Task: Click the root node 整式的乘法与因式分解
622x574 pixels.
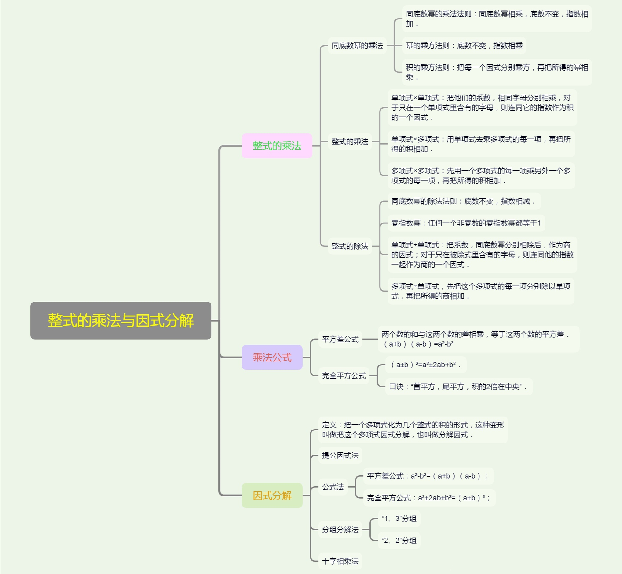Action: (x=121, y=320)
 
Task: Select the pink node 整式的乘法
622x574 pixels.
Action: (x=277, y=146)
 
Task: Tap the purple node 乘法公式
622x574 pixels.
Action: (x=272, y=357)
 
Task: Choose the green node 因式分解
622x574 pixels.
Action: (x=272, y=495)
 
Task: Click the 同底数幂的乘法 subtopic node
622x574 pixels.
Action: (x=357, y=45)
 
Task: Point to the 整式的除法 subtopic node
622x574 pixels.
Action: (x=350, y=246)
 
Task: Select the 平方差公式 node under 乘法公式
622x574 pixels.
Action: (x=340, y=339)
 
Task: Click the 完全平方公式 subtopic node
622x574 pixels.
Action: (x=344, y=375)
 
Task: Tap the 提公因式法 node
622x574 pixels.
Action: (x=340, y=455)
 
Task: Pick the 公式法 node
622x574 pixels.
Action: (x=333, y=487)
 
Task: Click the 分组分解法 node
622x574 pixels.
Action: (x=340, y=529)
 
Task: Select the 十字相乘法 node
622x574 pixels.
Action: (x=340, y=561)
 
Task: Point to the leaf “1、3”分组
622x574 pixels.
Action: (x=399, y=518)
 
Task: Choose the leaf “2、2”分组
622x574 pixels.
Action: (x=399, y=541)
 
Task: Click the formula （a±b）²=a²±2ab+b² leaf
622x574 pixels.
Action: (x=426, y=365)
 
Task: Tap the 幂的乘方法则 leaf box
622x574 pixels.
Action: (x=464, y=45)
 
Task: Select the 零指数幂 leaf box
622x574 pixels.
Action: (x=466, y=223)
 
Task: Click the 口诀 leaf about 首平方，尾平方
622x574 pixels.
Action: (x=459, y=386)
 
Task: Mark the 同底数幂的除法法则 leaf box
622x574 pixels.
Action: (x=464, y=201)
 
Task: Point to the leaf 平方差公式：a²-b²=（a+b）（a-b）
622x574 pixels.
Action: (x=428, y=476)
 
